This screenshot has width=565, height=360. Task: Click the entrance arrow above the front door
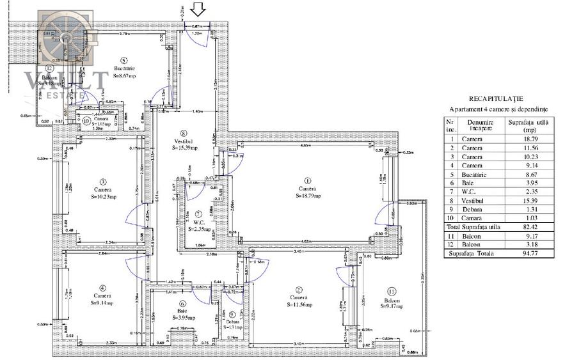(x=198, y=10)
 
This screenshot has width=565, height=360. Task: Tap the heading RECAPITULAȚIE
(x=496, y=99)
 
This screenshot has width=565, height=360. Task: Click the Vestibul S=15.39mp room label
(x=184, y=144)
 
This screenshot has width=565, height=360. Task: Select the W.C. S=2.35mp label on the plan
(x=199, y=224)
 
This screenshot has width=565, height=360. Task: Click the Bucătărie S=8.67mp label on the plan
(x=125, y=72)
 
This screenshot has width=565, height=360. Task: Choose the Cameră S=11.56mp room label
(x=298, y=302)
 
